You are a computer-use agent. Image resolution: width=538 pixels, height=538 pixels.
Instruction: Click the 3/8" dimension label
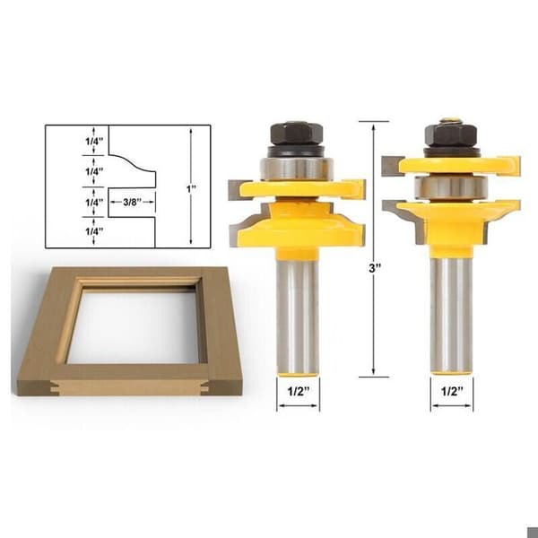132,202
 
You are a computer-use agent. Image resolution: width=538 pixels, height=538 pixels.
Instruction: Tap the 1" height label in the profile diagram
191,188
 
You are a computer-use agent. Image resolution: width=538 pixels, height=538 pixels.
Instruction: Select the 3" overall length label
375,268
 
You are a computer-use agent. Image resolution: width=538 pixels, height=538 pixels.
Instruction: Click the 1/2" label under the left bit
299,391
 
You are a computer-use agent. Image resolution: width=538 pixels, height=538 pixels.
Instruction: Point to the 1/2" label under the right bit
452,391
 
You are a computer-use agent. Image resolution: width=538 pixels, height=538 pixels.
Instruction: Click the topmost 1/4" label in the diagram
94,141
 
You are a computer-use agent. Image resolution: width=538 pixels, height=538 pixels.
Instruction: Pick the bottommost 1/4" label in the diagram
94,231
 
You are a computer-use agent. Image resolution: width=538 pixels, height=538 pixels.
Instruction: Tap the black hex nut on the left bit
297,134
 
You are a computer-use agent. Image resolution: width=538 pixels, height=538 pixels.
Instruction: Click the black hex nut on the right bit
450,135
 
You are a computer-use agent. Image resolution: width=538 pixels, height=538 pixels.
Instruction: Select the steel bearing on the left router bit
297,169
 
